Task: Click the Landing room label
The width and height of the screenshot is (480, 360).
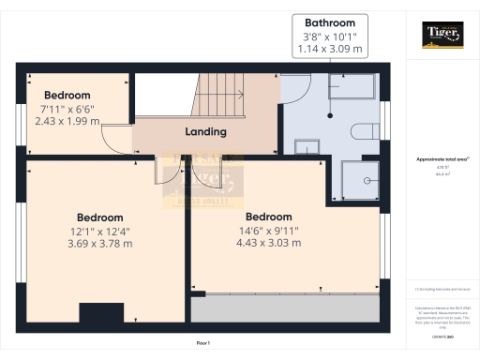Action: click(205, 132)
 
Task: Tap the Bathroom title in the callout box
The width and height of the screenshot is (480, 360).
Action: click(329, 22)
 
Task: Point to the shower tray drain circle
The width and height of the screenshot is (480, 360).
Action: click(367, 177)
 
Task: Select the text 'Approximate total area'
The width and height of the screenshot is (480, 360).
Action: click(440, 160)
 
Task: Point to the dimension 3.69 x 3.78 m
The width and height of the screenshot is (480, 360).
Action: click(100, 244)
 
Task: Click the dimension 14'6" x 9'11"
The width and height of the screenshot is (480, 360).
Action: click(269, 230)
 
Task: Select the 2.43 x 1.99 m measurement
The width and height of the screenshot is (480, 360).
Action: click(67, 121)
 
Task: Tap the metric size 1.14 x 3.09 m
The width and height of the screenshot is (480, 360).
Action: click(329, 49)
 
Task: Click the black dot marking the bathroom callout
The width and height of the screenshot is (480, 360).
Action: click(329, 115)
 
